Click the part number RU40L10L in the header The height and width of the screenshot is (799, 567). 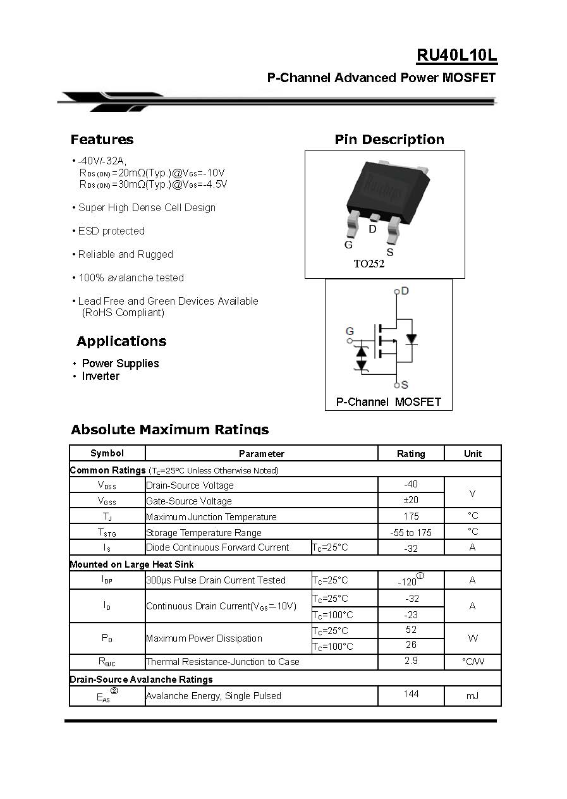tap(456, 56)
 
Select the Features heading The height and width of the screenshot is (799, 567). tap(102, 140)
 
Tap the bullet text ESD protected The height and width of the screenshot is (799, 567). tap(111, 231)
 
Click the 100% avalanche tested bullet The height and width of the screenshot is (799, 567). tap(131, 278)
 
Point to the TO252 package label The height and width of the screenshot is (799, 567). tap(369, 264)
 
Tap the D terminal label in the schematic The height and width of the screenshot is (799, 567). tap(405, 291)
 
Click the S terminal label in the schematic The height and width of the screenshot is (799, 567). tap(405, 384)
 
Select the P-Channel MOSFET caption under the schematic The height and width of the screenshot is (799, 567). tap(388, 401)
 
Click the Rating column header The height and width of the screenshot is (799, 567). tap(411, 453)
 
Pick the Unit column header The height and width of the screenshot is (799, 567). tap(472, 453)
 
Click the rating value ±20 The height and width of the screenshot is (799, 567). tap(411, 500)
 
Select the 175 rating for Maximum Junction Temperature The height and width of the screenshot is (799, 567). tap(411, 516)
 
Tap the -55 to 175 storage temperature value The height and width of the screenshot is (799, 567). tap(411, 532)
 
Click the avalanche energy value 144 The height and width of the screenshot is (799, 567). tap(411, 694)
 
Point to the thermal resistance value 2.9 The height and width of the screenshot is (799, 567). tap(411, 661)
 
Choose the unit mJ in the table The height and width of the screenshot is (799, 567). tap(472, 695)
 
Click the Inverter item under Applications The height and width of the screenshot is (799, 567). tap(101, 376)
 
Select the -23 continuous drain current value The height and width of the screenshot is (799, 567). tap(412, 614)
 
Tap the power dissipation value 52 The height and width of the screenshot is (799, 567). tap(411, 630)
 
